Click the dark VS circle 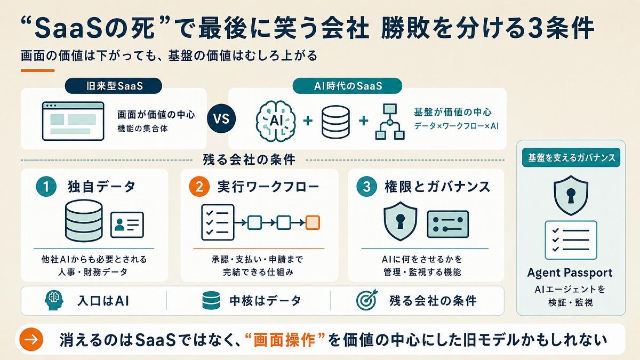(221, 118)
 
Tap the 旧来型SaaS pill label (114, 86)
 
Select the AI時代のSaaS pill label (347, 86)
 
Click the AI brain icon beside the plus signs (275, 121)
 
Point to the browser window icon (73, 121)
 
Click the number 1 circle (46, 187)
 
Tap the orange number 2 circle (199, 187)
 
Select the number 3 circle (366, 187)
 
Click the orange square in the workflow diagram (313, 223)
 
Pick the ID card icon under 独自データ (127, 225)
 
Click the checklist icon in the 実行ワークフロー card (218, 222)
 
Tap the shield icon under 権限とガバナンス (400, 221)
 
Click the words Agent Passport (570, 273)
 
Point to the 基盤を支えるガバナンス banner (571, 157)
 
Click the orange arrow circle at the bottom (31, 339)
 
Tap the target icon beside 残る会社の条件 (367, 300)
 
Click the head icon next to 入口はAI (54, 300)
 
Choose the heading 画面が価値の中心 (156, 115)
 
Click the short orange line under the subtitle (37, 70)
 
